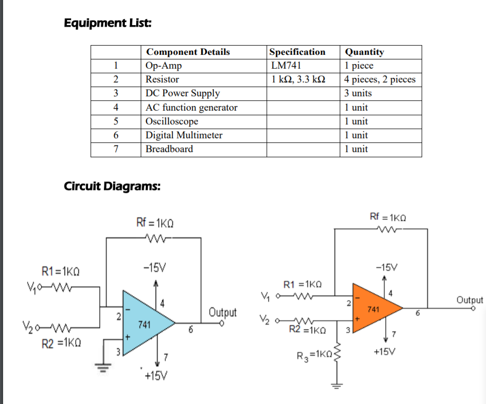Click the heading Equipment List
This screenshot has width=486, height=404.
tap(107, 23)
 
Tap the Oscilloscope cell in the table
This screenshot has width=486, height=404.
tap(172, 121)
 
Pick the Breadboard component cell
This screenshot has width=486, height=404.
tap(169, 149)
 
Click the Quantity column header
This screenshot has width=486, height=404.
tap(364, 52)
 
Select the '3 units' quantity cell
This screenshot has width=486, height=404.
tap(358, 93)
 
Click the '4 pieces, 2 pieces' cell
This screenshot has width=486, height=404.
tap(380, 79)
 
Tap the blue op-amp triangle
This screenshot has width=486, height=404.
tap(145, 323)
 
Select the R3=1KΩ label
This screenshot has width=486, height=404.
tap(315, 354)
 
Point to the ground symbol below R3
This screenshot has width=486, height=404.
tap(337, 385)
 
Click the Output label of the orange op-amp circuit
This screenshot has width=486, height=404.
tap(469, 300)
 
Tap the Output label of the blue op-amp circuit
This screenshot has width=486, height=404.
tap(223, 312)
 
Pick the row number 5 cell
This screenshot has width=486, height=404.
tap(116, 121)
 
